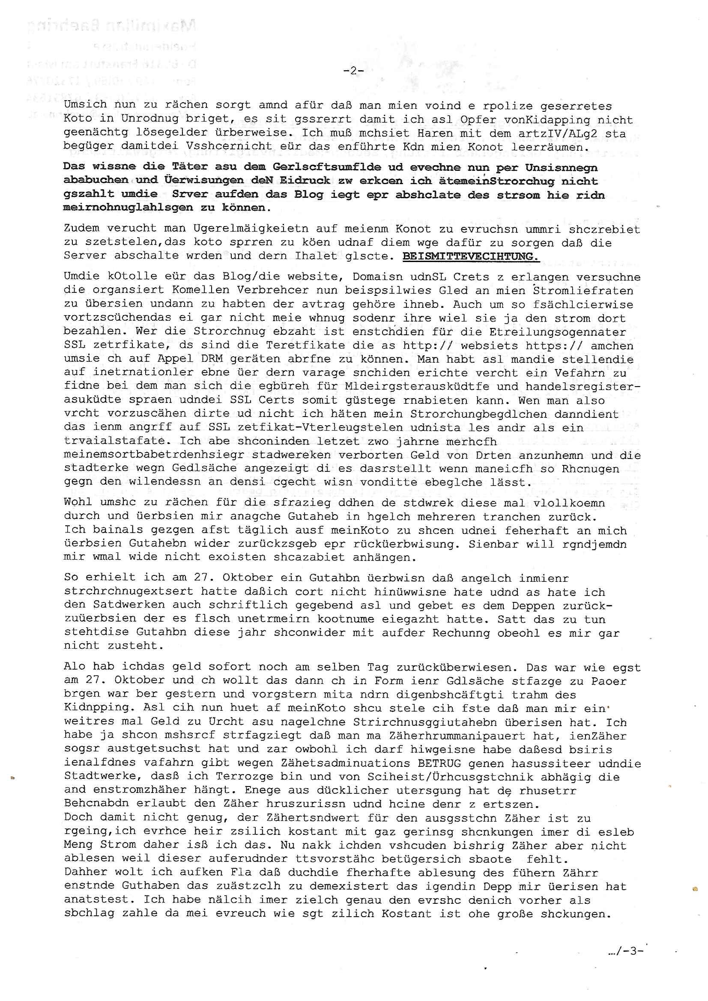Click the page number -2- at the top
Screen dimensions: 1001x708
353,70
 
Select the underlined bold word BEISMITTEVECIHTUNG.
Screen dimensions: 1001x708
470,256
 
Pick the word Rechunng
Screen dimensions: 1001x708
461,633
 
